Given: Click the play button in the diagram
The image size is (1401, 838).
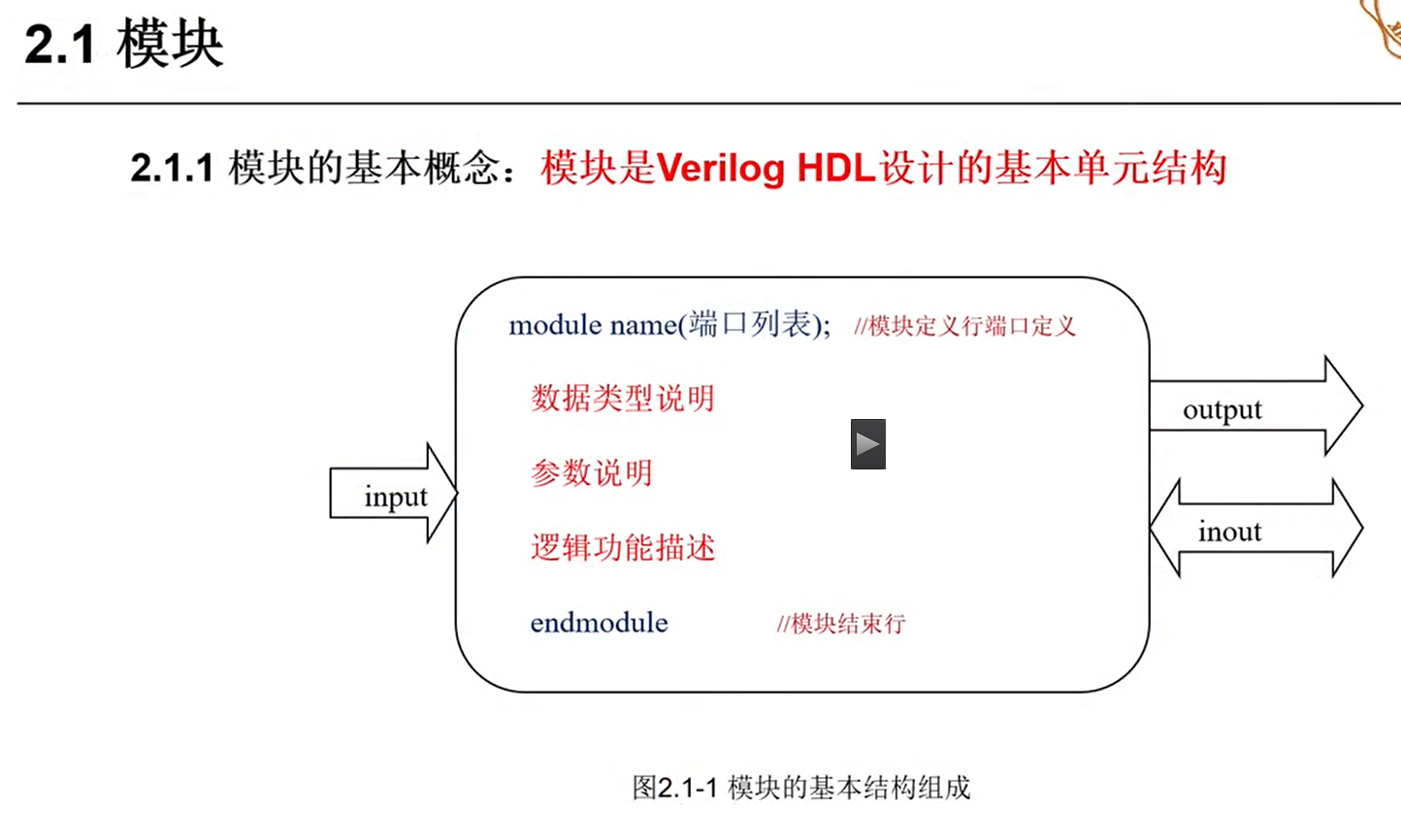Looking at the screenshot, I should coord(867,444).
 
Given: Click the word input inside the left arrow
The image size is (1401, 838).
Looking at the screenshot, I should coord(395,497).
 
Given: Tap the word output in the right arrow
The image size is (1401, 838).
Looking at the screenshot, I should coord(1222,410).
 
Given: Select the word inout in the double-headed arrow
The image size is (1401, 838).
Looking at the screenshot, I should coord(1229,532).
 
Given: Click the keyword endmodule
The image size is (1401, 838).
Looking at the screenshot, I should coord(599,623).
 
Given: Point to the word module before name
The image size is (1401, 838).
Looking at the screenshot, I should coord(555,325).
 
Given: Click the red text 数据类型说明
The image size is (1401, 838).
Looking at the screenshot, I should coord(622,399).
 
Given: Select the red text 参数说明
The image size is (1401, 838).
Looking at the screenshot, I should coord(591,473).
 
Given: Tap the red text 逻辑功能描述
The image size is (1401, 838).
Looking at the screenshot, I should coord(622,548).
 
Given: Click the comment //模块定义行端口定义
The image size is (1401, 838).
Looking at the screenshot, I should coord(964,327).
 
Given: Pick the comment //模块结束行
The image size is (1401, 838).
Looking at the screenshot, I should coord(840,624).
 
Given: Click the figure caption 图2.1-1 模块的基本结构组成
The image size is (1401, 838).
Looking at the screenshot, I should coord(800,788).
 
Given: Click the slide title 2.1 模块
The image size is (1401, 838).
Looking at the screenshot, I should coord(124,45).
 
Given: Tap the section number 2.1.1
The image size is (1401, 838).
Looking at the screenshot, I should coord(172,169).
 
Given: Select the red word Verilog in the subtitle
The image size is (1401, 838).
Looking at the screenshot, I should coord(720,169).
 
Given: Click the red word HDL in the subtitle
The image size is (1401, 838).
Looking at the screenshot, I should coord(835,169).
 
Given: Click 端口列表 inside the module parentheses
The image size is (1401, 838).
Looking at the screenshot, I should coord(750,324).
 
